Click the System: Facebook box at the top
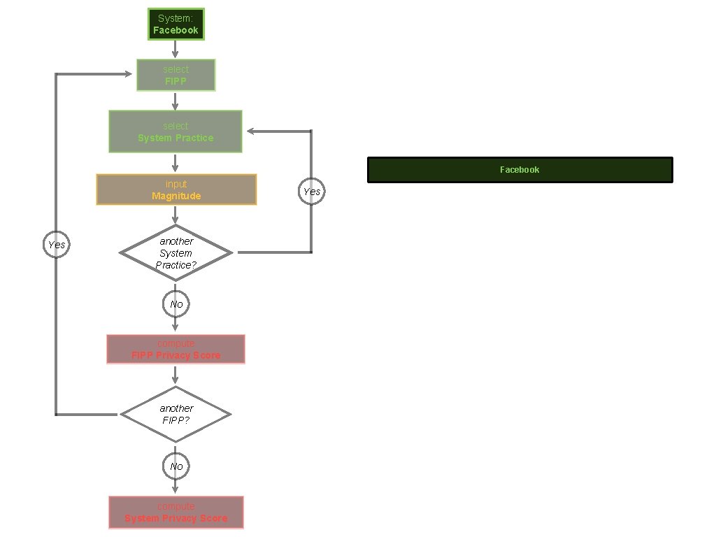176,24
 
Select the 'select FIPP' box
176,75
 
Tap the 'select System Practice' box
176,131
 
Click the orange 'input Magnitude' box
176,189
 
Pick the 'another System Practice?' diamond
176,252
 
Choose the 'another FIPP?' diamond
176,415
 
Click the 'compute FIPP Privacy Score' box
176,349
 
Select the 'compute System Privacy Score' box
176,512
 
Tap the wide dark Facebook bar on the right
520,170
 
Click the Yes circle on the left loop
57,245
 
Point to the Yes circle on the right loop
311,192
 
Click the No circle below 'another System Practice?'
176,304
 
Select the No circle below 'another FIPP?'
176,466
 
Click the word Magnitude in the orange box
176,196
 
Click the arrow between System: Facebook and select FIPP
176,49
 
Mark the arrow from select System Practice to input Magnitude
176,163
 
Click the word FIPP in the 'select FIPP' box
176,81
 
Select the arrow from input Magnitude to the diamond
176,215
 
